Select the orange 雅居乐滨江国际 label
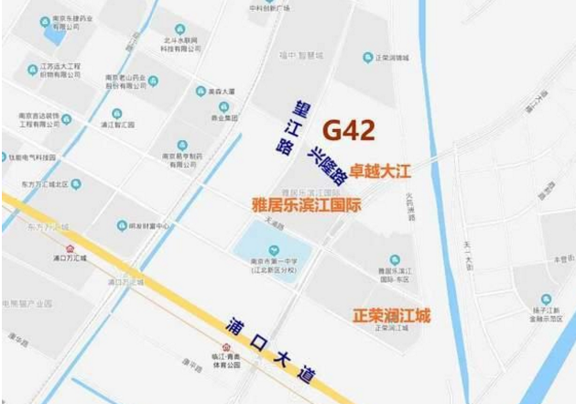[306, 204]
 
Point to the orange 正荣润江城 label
[391, 315]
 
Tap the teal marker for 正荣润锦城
[368, 56]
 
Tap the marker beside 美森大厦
[201, 91]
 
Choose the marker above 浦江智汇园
[117, 114]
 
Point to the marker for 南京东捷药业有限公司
[45, 20]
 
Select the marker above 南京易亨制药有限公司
[181, 144]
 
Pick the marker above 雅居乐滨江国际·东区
[395, 260]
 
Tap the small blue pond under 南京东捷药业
[55, 38]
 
